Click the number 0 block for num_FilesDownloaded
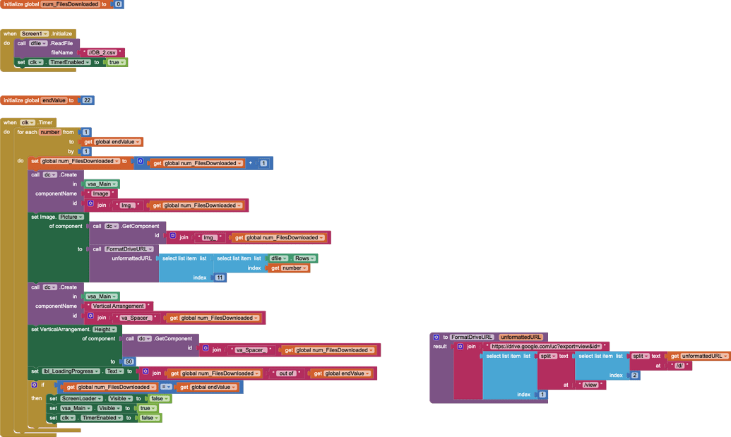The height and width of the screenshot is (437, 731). tap(118, 4)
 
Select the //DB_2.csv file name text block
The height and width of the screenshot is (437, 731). tap(102, 52)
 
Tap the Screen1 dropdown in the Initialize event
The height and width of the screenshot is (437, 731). tap(35, 33)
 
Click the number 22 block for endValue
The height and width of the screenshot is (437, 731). tap(87, 100)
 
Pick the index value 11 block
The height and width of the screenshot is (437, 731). tap(220, 277)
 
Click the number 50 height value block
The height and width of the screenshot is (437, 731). tap(129, 361)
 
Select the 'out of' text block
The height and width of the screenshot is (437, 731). tap(287, 373)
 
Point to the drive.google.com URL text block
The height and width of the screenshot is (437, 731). tap(546, 347)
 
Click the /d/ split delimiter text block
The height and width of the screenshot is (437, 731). tap(680, 366)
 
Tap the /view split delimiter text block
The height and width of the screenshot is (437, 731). tap(590, 385)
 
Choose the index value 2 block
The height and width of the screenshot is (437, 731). tap(634, 375)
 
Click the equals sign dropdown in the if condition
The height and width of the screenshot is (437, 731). tap(166, 387)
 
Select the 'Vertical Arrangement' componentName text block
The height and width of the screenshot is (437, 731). tap(119, 306)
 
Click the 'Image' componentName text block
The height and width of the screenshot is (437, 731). tap(101, 193)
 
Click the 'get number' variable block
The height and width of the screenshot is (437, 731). tap(290, 268)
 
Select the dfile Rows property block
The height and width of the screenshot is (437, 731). tap(293, 258)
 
